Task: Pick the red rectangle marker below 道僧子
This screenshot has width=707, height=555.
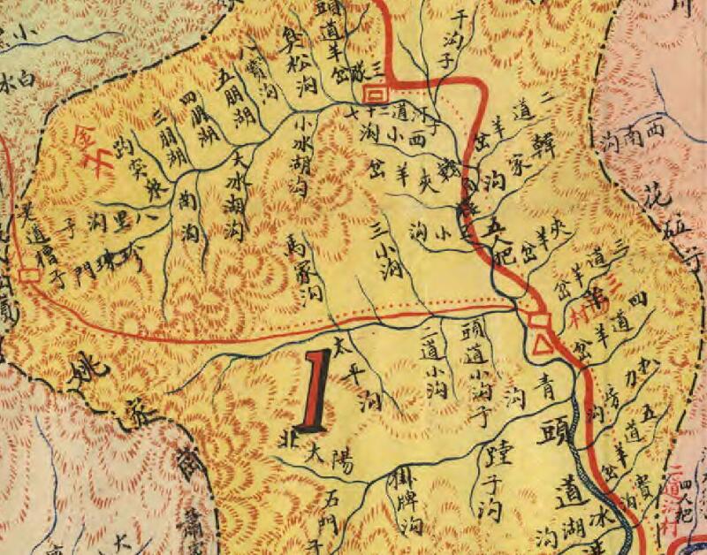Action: [29, 274]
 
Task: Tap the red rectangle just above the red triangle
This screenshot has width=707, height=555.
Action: [536, 318]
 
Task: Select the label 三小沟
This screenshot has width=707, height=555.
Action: [384, 252]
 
